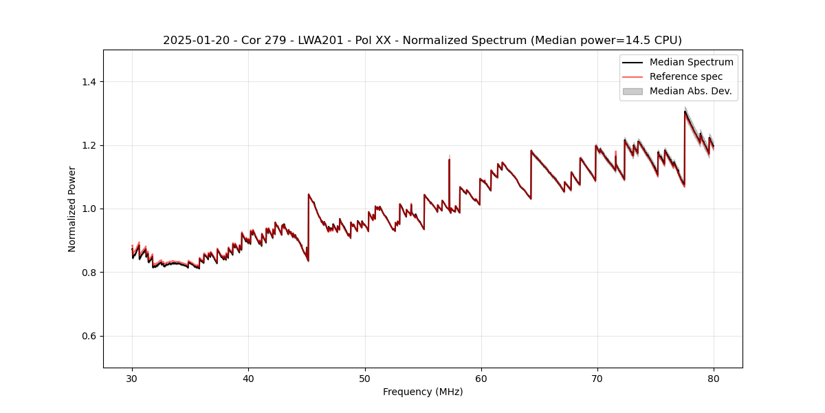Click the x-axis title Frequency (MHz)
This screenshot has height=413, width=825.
(x=423, y=392)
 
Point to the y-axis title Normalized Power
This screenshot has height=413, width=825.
(x=72, y=209)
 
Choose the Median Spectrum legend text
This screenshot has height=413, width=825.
(x=691, y=62)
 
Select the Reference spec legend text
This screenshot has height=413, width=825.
(x=686, y=76)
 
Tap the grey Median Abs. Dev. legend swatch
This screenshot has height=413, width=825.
(x=632, y=91)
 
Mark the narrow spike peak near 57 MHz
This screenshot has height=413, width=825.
(x=449, y=160)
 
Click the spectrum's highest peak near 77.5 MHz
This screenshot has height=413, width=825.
(x=685, y=112)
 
